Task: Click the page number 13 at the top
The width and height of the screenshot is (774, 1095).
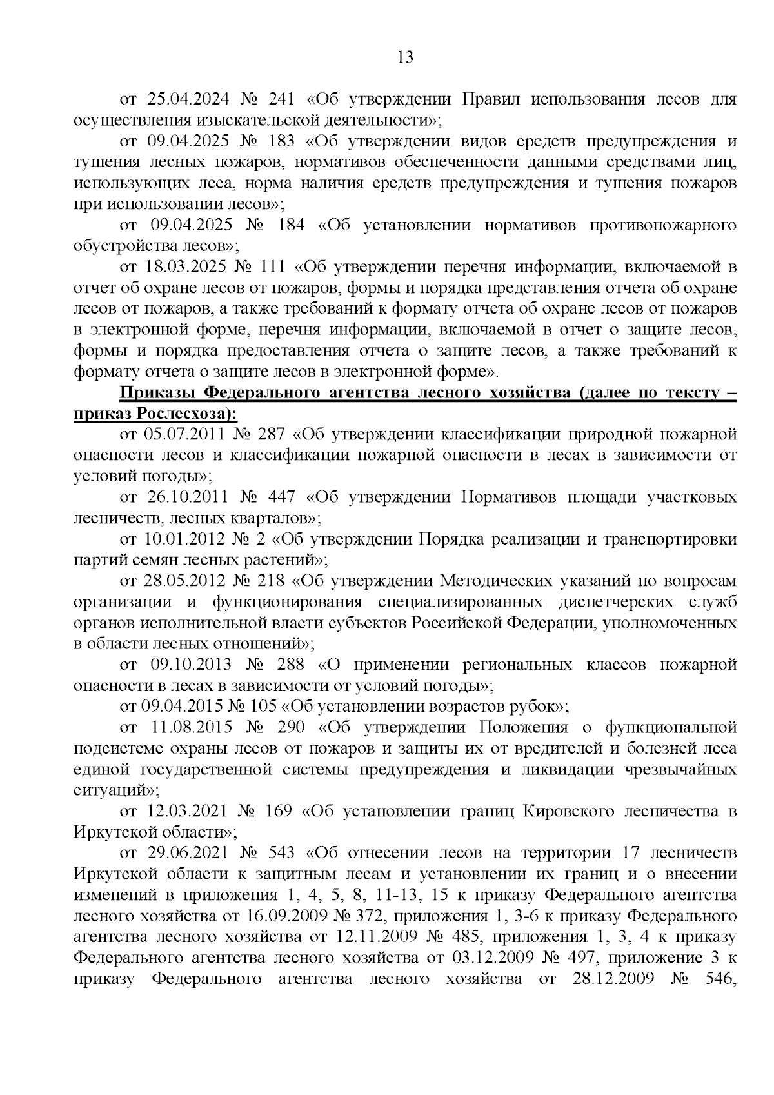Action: pos(405,57)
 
